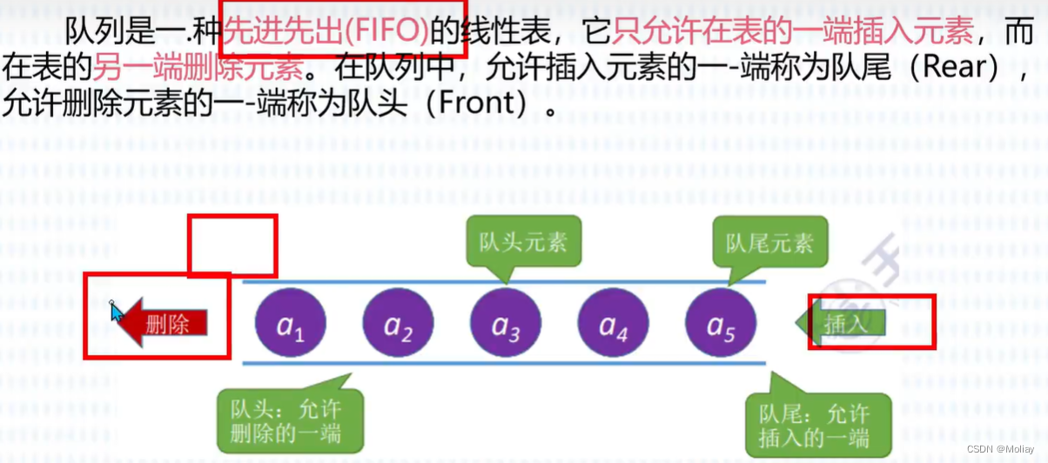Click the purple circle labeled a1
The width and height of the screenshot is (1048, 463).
[291, 324]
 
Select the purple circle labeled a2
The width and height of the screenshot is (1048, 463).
[398, 324]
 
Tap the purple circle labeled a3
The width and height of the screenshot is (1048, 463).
[506, 324]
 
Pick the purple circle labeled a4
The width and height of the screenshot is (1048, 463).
[613, 324]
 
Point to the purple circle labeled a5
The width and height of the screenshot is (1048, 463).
[721, 324]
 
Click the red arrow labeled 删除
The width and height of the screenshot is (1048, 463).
[161, 324]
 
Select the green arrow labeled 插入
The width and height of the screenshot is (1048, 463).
[841, 324]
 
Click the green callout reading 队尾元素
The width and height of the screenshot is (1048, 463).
[769, 242]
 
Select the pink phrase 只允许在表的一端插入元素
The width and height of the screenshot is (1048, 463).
[792, 32]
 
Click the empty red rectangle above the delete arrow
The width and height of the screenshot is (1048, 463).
[232, 246]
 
